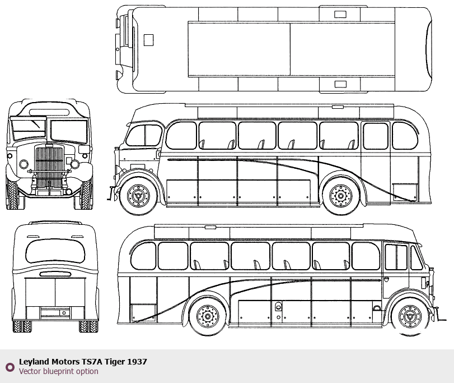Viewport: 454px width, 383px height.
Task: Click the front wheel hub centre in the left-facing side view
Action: pos(138,196)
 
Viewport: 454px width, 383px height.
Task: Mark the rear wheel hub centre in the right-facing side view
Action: pos(208,316)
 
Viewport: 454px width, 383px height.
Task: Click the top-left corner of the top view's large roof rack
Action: pos(188,21)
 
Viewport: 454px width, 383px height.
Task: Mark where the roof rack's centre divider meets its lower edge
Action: pos(290,76)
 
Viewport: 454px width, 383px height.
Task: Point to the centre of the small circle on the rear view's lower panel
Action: pos(64,313)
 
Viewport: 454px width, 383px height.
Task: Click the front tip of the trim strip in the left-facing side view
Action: pos(168,159)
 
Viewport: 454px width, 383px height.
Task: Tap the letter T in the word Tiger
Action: pos(107,362)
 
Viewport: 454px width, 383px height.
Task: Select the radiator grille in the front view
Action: pos(49,167)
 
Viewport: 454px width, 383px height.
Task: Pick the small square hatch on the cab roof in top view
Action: pos(148,40)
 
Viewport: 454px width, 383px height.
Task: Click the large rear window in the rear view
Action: pos(55,251)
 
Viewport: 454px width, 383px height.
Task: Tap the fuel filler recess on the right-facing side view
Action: pos(278,306)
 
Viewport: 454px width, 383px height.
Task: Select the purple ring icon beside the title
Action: pos(10,367)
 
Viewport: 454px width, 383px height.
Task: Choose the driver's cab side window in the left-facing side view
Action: pos(144,135)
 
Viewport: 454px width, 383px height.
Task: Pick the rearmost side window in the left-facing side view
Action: pos(405,135)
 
